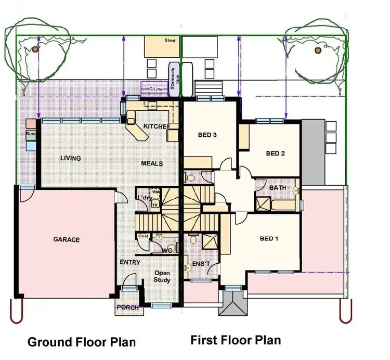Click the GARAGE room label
(67, 240)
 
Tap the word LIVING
(70, 158)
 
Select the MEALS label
(152, 163)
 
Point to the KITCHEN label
(155, 126)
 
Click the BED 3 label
(207, 135)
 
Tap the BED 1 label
(269, 239)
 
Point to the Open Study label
(162, 276)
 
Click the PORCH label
(128, 307)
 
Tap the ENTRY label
(129, 262)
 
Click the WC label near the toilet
(167, 250)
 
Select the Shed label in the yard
(170, 41)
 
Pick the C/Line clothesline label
(155, 89)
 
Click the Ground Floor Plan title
(81, 342)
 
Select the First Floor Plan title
(236, 340)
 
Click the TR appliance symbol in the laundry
(154, 204)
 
